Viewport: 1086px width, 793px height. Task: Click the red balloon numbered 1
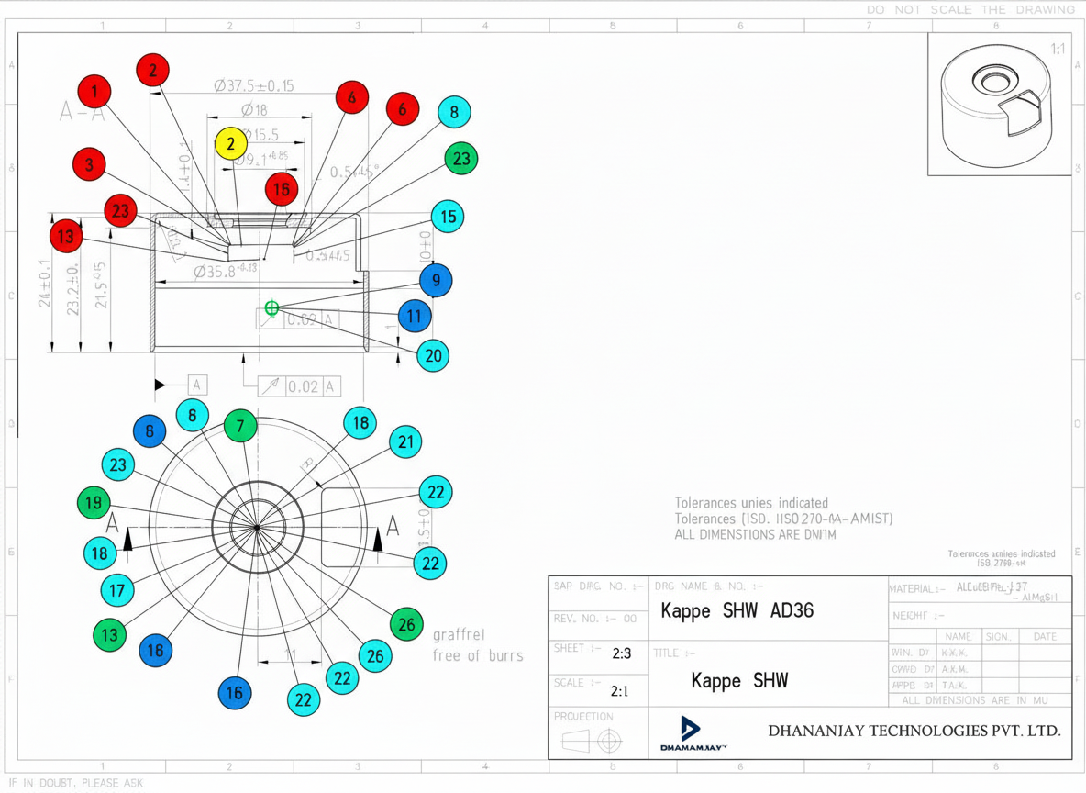tap(94, 91)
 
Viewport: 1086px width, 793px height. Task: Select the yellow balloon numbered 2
tap(231, 144)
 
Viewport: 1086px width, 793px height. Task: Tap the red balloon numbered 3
tap(89, 164)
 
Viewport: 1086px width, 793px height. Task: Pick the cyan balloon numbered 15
tap(448, 217)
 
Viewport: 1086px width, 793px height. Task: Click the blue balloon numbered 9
tap(436, 281)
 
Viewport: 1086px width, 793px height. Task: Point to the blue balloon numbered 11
tap(415, 317)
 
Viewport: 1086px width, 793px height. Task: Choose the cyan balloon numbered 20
tap(433, 355)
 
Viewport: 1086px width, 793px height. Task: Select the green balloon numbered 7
tap(240, 426)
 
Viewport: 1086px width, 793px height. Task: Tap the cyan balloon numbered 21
tap(405, 442)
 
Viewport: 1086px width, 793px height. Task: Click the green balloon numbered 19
tap(94, 503)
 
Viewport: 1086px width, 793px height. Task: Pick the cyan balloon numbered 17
tap(116, 589)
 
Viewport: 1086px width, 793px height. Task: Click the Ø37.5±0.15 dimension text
tap(254, 86)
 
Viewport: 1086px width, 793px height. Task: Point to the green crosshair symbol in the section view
tap(271, 308)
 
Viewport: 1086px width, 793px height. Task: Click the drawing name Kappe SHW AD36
tap(737, 611)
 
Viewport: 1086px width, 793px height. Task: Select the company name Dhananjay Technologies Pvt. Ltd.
tap(914, 732)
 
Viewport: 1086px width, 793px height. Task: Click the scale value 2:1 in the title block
tap(619, 691)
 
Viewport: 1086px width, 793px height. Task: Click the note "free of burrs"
tap(478, 655)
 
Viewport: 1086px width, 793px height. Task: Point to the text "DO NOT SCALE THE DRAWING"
tap(970, 9)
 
